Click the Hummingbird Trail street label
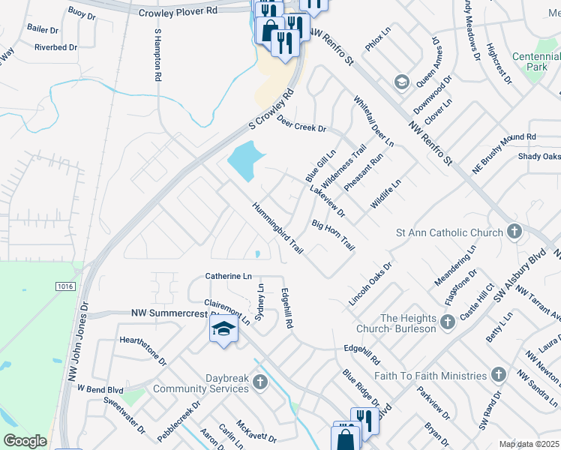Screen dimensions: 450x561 (277, 228)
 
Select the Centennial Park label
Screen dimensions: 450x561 (535, 61)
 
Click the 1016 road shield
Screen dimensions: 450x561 (65, 286)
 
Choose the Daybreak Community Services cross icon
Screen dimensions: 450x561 (259, 382)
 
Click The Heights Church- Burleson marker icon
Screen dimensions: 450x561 (448, 322)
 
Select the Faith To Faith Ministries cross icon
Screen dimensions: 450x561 (499, 375)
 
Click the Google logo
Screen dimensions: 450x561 (25, 441)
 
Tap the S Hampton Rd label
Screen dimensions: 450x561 (157, 56)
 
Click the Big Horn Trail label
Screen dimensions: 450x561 (332, 235)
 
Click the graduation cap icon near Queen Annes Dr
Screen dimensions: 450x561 (401, 80)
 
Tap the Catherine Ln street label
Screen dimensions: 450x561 (229, 276)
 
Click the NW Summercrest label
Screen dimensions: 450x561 (171, 313)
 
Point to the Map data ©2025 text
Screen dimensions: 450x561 (529, 444)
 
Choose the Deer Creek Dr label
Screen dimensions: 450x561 (301, 124)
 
